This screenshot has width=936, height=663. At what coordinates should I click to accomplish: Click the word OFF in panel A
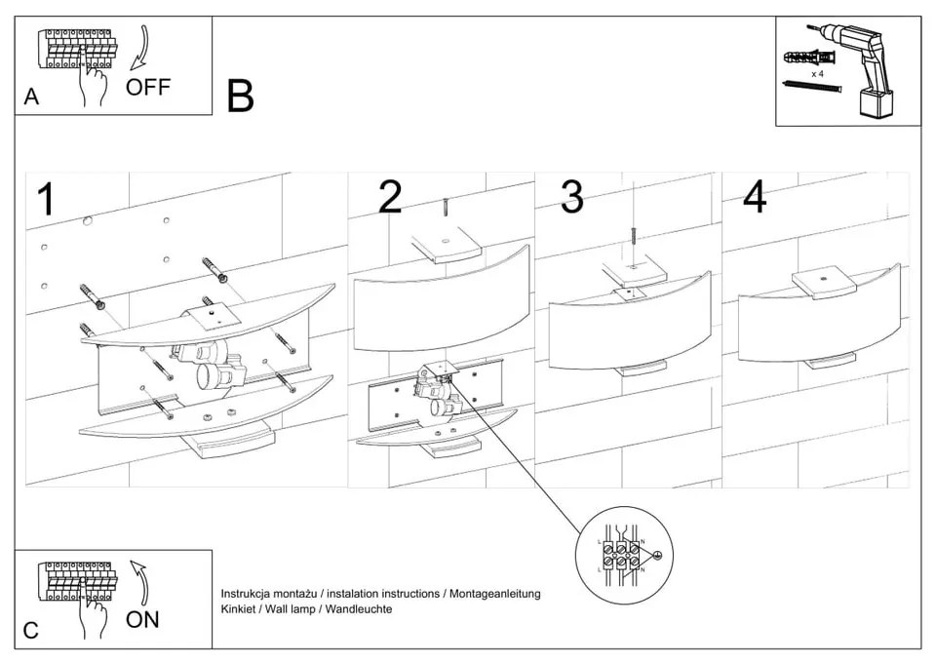coord(148,87)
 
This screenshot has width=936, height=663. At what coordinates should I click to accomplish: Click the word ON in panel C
coord(142,618)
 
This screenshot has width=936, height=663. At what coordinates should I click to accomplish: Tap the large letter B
coord(240,97)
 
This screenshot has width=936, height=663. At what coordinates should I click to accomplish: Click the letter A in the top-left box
coord(32,97)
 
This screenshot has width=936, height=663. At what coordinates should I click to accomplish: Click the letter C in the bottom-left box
coord(31,630)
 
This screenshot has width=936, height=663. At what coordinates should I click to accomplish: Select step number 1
coord(45,199)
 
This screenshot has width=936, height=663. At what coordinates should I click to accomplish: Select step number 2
coord(389,197)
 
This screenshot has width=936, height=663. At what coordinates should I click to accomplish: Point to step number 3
coord(571,197)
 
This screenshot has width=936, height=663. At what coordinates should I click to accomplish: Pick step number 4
coord(754,197)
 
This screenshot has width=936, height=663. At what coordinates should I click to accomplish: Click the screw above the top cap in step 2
coord(445,208)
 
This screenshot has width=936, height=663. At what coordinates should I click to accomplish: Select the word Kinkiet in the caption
coord(239,608)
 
